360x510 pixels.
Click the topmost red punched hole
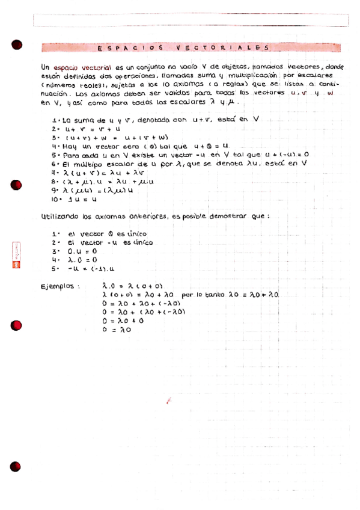[x=16, y=44]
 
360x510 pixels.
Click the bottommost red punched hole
[x=16, y=467]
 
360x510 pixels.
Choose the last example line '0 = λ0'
[x=117, y=330]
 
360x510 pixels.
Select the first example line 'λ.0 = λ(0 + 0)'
[x=133, y=286]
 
